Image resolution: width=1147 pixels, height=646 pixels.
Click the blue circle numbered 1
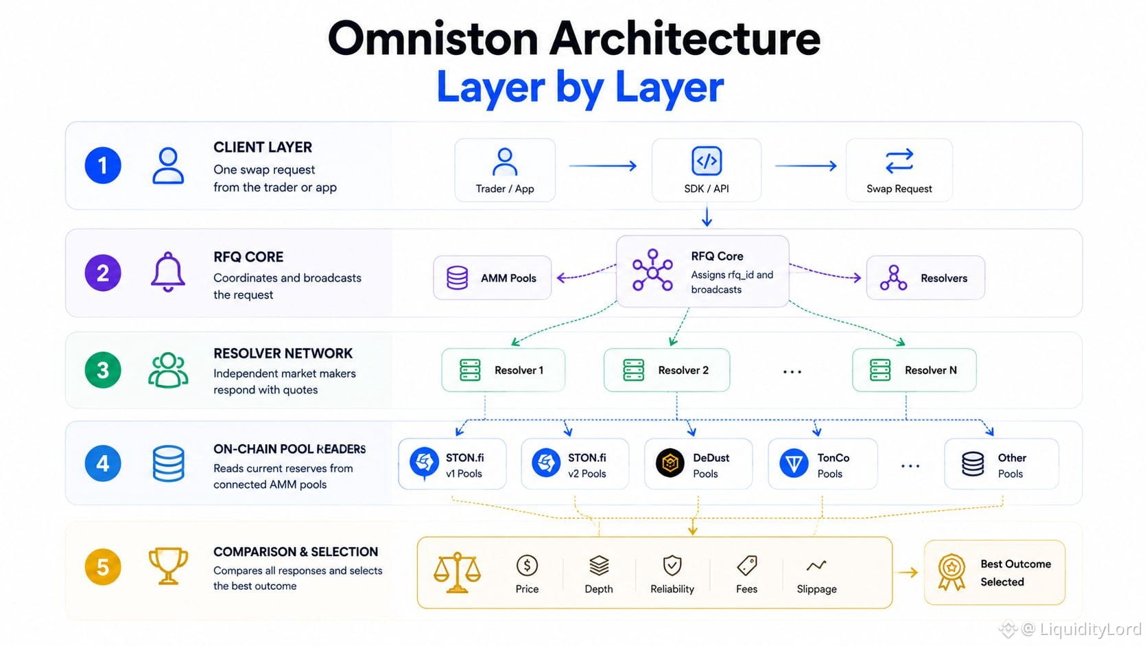tap(103, 165)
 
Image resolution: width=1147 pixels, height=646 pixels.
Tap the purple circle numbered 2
tap(103, 273)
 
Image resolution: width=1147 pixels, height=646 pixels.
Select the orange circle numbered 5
tap(103, 566)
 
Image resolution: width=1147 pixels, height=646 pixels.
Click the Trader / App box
tap(505, 170)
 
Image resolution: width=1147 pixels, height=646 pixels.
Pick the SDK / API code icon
tap(707, 161)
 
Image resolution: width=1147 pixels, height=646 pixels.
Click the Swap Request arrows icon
tap(899, 161)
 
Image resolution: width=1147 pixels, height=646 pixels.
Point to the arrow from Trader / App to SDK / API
tap(603, 165)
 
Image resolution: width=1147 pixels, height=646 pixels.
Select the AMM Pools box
tap(492, 277)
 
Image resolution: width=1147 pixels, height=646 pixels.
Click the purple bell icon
tap(168, 272)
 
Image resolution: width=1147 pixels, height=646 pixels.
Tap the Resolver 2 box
tap(667, 370)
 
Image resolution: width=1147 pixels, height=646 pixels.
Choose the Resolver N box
tap(914, 370)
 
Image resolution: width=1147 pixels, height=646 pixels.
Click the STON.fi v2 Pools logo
tap(546, 463)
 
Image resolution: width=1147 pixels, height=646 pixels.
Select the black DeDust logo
tap(670, 463)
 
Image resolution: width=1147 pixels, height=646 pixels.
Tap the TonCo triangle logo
tap(794, 463)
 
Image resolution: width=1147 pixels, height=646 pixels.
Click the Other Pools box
tap(1002, 463)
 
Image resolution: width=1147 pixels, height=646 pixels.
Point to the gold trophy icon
tap(168, 566)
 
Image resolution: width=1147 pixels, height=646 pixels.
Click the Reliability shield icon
tap(672, 566)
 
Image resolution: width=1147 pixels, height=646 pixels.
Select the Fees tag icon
tap(747, 566)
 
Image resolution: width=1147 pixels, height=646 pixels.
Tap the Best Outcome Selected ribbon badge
tap(951, 572)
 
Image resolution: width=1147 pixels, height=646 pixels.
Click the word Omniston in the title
tap(433, 39)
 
